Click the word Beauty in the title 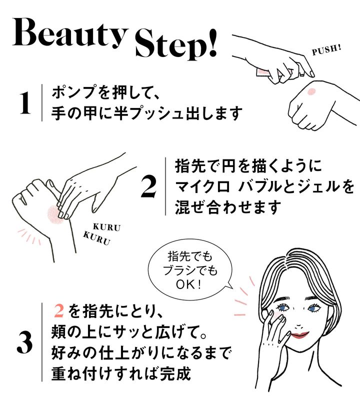point(70,33)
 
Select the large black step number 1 point(25,102)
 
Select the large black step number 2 point(148,187)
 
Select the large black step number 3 point(24,342)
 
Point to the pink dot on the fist point(311,91)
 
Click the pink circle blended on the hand point(54,214)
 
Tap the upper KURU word point(106,227)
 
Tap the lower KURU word point(96,238)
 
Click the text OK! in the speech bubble point(189,284)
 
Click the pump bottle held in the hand point(263,72)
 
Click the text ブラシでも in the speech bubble point(190,270)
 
